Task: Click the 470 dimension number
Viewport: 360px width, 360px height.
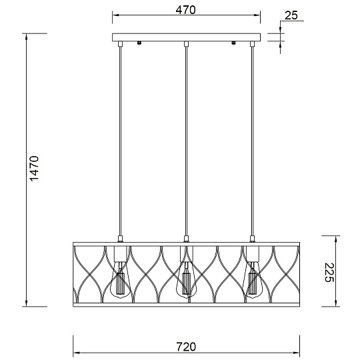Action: click(x=185, y=10)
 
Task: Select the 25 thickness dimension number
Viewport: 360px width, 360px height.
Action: click(x=291, y=15)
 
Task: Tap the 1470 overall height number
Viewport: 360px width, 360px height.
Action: click(x=35, y=169)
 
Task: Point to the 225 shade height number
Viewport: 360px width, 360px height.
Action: click(x=330, y=272)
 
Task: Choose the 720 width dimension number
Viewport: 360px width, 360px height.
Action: click(x=186, y=347)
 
